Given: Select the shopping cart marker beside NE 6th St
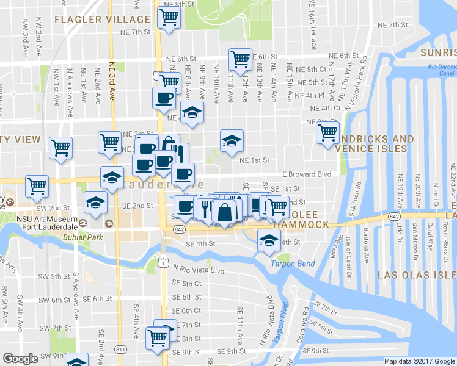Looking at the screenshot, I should (x=240, y=59).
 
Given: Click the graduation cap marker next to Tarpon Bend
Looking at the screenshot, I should (x=268, y=240).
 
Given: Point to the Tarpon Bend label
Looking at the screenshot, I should (x=291, y=264).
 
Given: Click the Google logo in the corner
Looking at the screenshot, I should (x=20, y=359).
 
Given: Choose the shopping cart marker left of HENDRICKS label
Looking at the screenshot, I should (x=328, y=131).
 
